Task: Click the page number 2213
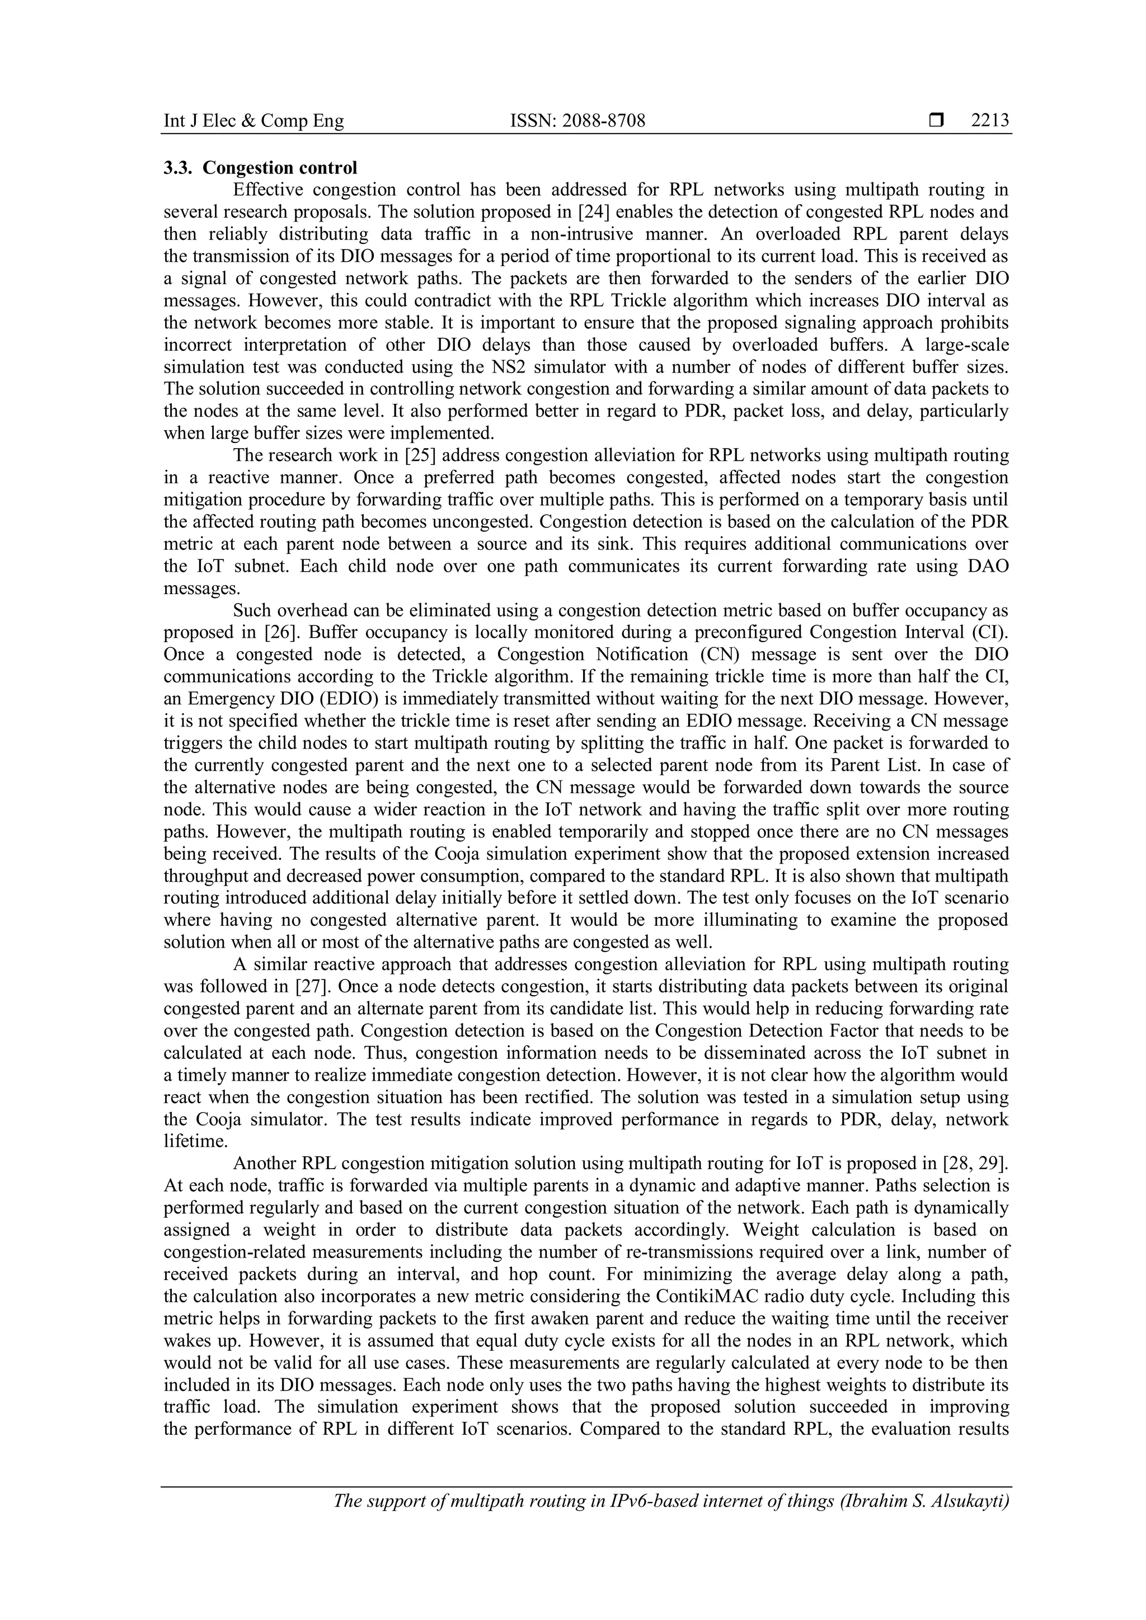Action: pyautogui.click(x=989, y=121)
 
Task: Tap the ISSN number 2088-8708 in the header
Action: pyautogui.click(x=603, y=121)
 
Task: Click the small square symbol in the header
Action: pyautogui.click(x=936, y=121)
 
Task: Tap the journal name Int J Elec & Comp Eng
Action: pyautogui.click(x=254, y=121)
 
